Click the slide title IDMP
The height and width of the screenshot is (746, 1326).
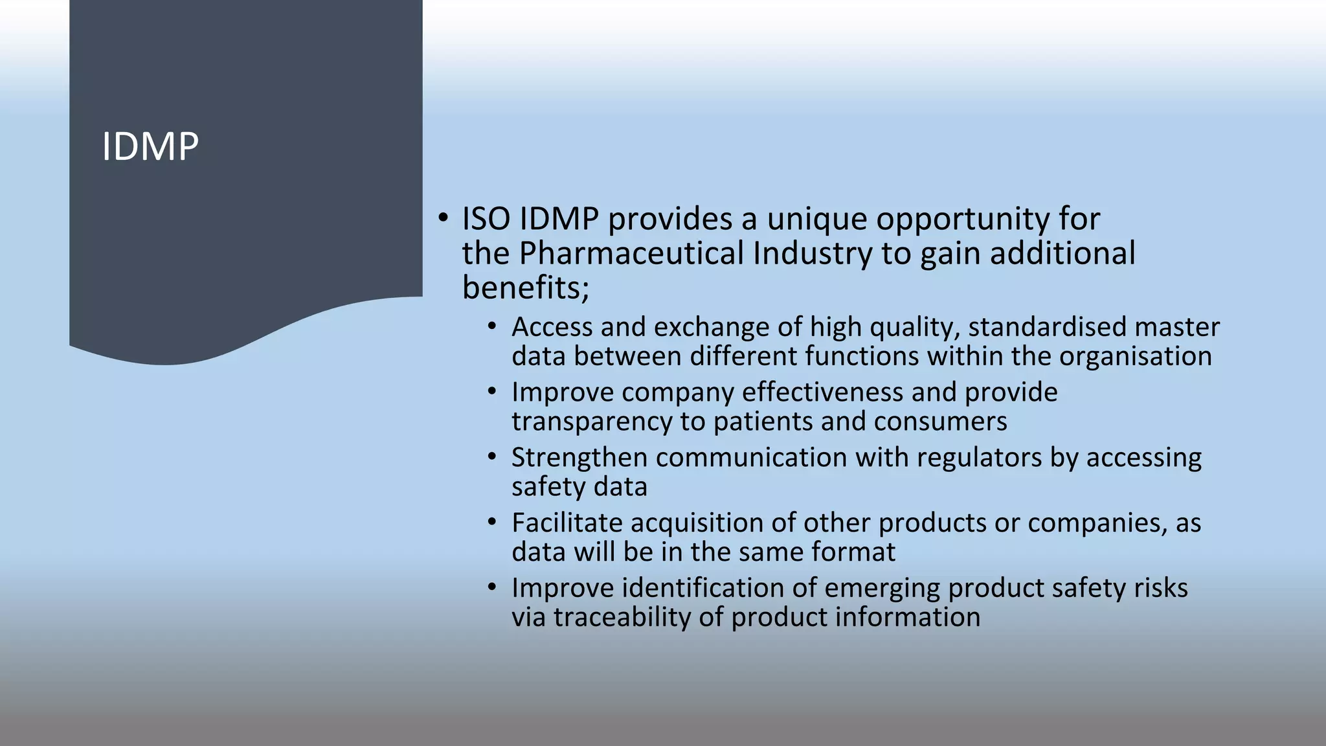pos(150,147)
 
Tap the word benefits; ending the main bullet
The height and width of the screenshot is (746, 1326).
pos(525,288)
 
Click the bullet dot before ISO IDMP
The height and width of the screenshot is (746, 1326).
pos(442,218)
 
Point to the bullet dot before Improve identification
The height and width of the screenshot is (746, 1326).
pos(492,587)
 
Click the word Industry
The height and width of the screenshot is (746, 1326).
pos(813,253)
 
